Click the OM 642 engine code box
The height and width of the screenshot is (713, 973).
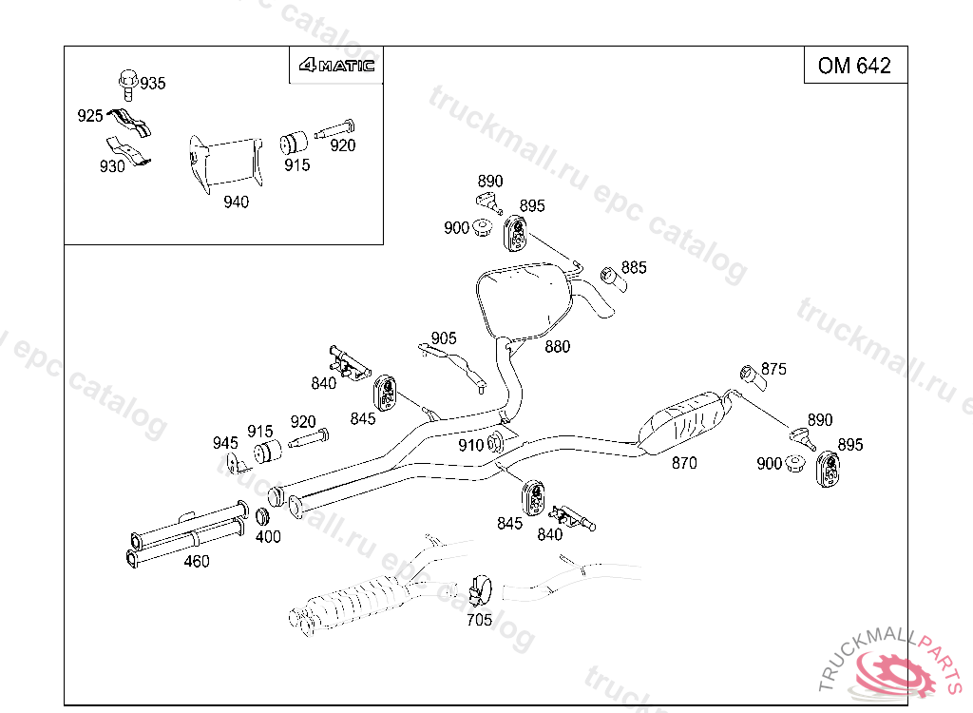pos(855,65)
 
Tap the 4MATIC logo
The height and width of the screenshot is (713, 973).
pos(336,66)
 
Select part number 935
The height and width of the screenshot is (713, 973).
pos(152,84)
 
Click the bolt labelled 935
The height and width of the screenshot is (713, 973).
pos(127,83)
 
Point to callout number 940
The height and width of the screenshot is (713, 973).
pos(236,202)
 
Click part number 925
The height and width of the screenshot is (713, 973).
pos(89,116)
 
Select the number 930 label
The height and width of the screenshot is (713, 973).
pos(112,166)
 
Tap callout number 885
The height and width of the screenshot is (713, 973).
pos(634,267)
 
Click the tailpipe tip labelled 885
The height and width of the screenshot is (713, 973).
pos(610,279)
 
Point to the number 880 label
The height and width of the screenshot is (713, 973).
pos(558,347)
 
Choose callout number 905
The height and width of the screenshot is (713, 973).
pos(443,338)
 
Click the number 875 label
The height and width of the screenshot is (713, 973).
pos(773,369)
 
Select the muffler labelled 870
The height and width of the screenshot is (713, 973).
pos(686,419)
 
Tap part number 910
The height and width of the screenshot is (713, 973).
pos(471,444)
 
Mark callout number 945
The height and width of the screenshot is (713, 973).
pos(225,443)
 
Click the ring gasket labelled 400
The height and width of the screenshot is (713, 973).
pos(264,519)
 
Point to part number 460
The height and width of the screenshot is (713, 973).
pos(197,561)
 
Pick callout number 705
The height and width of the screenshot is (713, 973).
pos(480,620)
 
